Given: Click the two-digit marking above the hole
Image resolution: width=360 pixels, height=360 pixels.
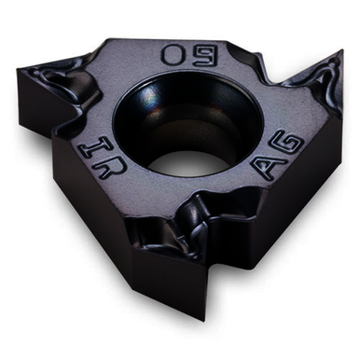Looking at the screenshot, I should point(184,53).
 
